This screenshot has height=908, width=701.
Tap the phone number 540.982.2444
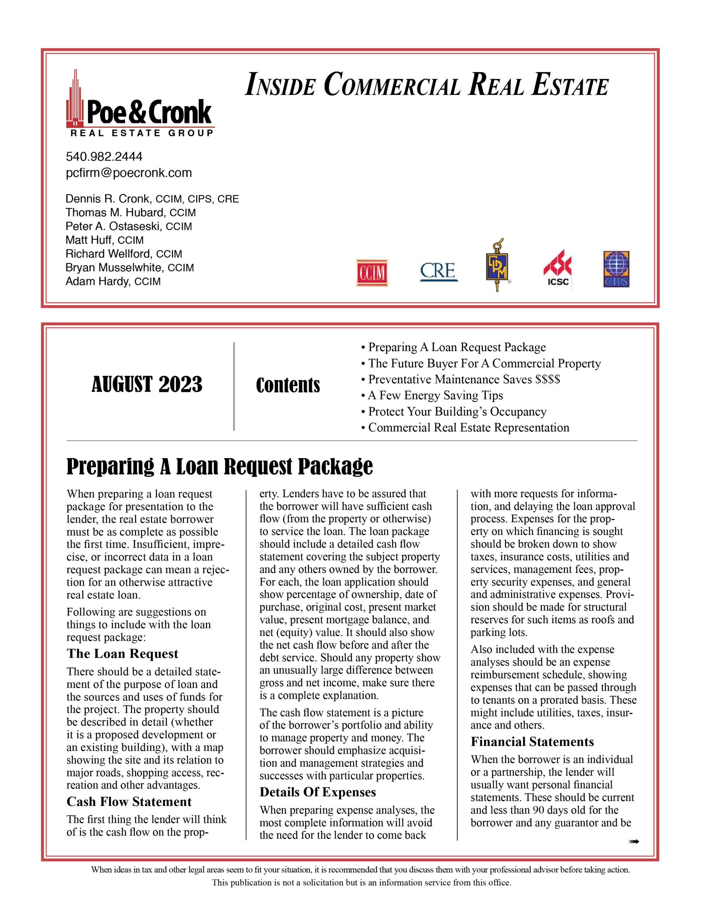tap(104, 156)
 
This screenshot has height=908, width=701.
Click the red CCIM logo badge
tap(371, 273)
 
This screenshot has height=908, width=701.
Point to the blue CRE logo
tap(438, 271)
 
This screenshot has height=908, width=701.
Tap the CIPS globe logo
tap(616, 268)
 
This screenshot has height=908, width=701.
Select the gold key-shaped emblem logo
tap(497, 265)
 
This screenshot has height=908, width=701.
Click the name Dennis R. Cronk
tap(107, 199)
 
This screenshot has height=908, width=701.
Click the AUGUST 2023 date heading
tap(147, 384)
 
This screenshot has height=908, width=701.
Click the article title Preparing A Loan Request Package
tap(219, 466)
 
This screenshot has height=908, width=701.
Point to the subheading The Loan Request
tap(122, 654)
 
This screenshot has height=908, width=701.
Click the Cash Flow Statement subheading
tap(129, 801)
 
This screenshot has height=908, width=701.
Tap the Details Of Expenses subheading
tap(318, 792)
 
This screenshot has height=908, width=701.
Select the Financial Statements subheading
tap(532, 741)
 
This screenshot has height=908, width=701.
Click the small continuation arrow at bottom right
tap(633, 841)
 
